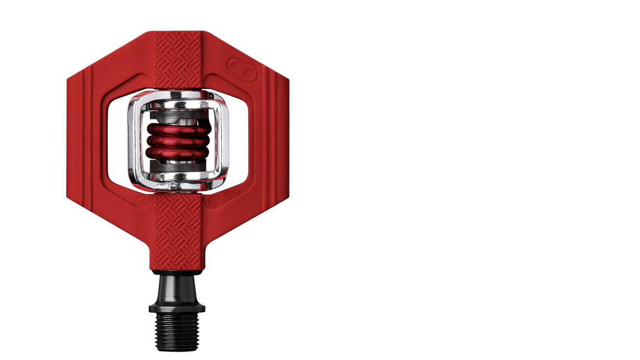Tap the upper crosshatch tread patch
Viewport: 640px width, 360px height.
177,61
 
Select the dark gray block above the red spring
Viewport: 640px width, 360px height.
173,118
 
